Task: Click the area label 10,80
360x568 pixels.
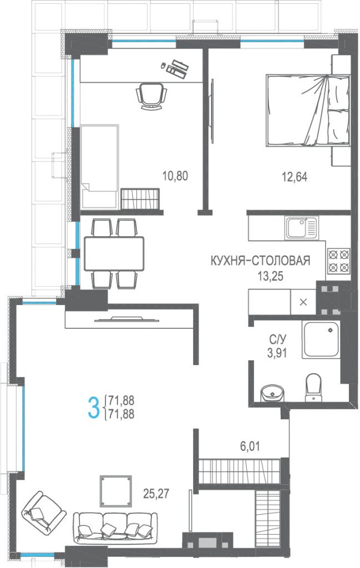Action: (175, 176)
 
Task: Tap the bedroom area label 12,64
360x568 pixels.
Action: (295, 177)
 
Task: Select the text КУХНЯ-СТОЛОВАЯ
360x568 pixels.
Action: (260, 261)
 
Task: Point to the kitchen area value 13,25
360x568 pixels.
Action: (270, 276)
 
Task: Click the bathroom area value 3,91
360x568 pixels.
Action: (277, 353)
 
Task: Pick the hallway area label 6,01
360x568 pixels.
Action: (250, 447)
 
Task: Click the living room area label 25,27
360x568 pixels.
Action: (156, 493)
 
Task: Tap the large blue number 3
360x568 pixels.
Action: (93, 407)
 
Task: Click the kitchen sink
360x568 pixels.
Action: (301, 228)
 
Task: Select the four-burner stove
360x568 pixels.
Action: (339, 261)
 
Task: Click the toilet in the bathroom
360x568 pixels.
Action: (313, 388)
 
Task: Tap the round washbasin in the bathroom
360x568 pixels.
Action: (272, 393)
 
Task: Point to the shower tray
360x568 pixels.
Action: (321, 339)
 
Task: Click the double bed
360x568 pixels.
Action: (308, 110)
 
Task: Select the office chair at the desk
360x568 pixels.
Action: (151, 95)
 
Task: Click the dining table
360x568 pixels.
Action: (114, 253)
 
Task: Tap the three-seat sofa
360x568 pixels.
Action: (115, 528)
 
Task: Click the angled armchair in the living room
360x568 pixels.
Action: (43, 511)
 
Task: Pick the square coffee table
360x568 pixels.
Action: (116, 491)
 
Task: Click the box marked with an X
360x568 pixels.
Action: (303, 302)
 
